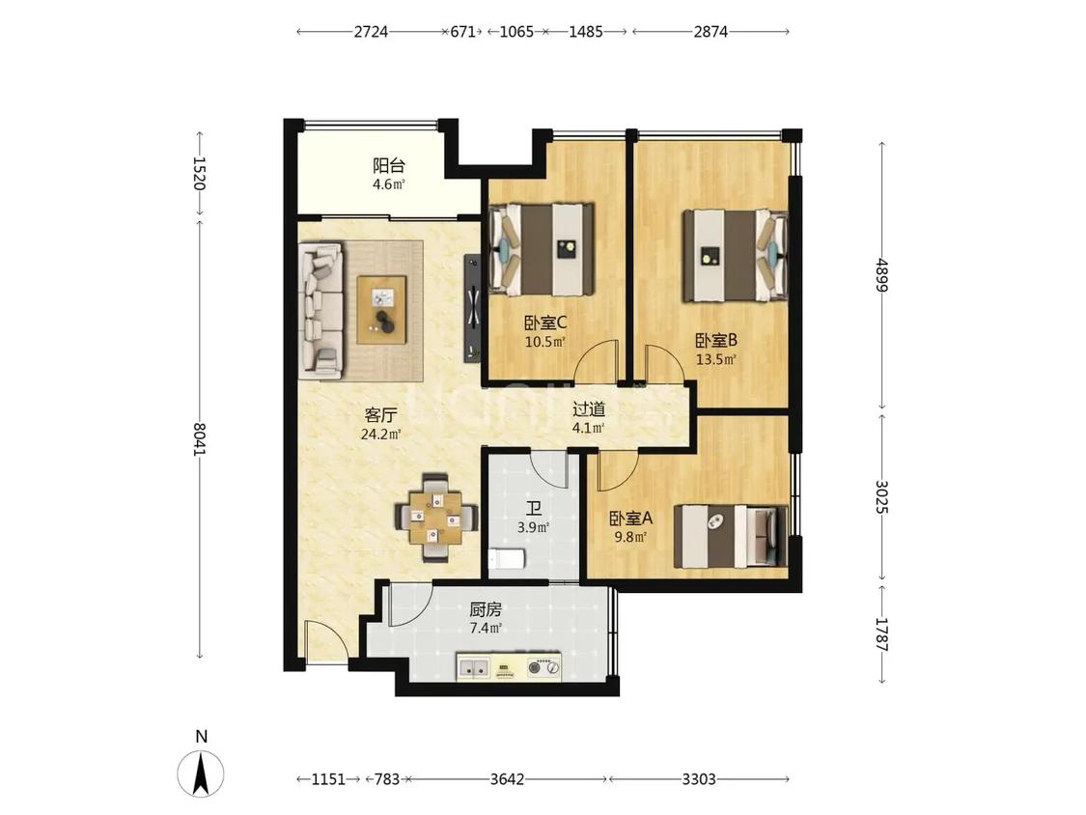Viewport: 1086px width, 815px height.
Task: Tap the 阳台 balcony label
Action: click(389, 166)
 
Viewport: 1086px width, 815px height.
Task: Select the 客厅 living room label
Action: click(381, 416)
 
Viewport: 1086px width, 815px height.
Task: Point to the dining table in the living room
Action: click(436, 517)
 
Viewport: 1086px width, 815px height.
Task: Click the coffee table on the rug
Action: click(381, 309)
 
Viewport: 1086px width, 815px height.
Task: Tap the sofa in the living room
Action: click(320, 311)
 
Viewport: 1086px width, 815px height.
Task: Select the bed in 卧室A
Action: click(732, 535)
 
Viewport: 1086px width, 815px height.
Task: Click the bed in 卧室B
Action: click(736, 256)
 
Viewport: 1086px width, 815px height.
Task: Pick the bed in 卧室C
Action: click(542, 249)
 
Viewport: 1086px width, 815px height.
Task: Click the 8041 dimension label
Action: click(200, 439)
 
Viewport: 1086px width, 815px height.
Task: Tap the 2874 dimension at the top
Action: click(710, 32)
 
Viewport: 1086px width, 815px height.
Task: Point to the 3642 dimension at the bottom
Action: click(507, 779)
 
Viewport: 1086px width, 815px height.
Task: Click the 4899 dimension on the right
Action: click(881, 275)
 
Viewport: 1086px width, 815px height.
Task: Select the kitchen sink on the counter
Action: click(474, 668)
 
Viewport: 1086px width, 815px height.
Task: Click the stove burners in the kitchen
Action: click(543, 667)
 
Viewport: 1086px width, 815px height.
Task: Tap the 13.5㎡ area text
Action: click(715, 359)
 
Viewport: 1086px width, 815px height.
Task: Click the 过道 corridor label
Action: click(589, 409)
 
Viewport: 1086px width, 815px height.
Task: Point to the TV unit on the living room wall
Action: click(472, 308)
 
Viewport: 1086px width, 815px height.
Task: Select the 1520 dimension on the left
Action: click(200, 173)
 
